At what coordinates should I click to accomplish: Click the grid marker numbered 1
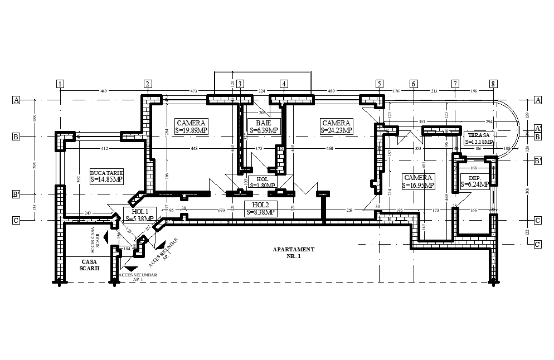coord(60,84)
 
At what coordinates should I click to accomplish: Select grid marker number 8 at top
coord(493,84)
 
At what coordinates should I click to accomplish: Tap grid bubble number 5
coord(379,84)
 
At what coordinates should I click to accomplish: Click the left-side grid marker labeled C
coord(17,220)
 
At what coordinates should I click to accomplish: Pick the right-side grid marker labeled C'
coord(537,244)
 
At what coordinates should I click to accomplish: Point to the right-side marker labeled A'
coord(537,128)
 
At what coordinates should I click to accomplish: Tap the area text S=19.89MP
coord(191,130)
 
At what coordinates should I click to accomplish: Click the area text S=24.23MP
coord(336,130)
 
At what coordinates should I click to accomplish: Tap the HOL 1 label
coord(140,212)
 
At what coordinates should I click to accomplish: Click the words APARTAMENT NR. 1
coord(294,253)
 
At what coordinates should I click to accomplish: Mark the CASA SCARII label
coord(90,264)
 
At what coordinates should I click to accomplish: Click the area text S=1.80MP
coord(262,185)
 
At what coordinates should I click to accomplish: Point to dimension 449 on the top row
coord(103,90)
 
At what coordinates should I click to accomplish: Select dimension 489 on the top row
coord(331,90)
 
